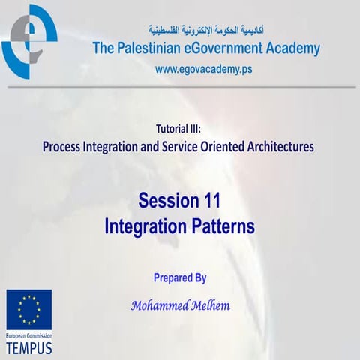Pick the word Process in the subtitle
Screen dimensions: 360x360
coord(67,147)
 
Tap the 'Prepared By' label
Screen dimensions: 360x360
coord(180,277)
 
